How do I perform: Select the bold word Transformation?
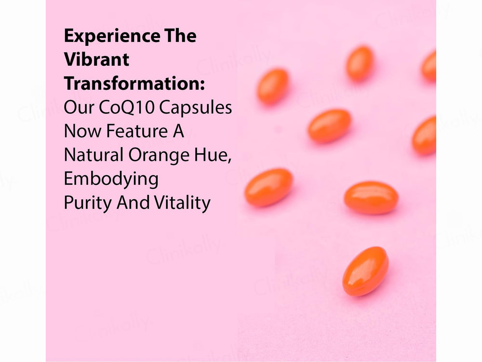coord(134,83)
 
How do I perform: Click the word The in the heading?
coord(180,36)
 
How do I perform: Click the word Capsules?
coord(196,108)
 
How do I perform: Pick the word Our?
coord(79,108)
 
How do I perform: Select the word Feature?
coord(137,131)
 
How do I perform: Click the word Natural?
coord(94,155)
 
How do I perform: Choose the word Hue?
coord(213,155)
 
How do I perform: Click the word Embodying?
coord(111,180)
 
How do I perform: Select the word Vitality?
coord(182,203)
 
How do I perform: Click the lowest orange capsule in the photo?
coord(365,271)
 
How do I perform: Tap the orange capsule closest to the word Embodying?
coord(268,187)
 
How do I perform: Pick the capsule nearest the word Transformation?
coord(273,86)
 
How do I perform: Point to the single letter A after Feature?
coord(178,131)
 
